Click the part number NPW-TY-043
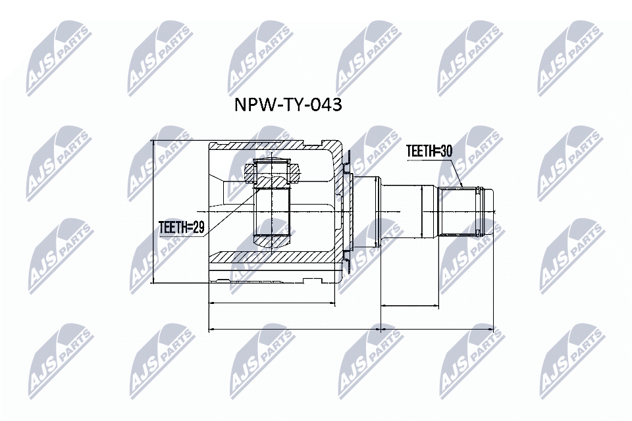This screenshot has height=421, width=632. pos(288,105)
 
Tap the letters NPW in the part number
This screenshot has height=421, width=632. pos(250,105)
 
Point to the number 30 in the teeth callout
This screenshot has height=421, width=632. pos(446,151)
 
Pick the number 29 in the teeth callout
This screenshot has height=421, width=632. pos(199,228)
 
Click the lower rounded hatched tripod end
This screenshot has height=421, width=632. pos(271,242)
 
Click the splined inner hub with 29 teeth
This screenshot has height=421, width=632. pos(272,210)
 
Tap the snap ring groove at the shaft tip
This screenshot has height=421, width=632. pos(483,211)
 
